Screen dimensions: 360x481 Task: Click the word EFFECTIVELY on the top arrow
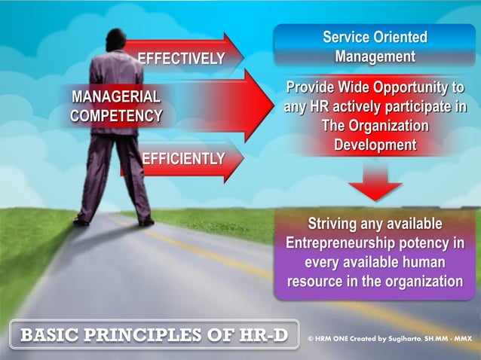[180, 59]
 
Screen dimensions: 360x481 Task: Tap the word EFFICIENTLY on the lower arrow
[183, 159]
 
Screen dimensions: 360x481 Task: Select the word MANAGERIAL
[115, 97]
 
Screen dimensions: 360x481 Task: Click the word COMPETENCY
[116, 116]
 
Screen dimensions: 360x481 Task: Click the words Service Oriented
[375, 37]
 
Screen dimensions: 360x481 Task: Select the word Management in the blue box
[375, 56]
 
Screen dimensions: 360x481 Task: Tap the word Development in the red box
[375, 145]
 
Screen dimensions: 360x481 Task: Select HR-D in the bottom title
[263, 334]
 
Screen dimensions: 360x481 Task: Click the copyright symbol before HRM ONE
[311, 340]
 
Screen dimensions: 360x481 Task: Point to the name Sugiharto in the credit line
[406, 340]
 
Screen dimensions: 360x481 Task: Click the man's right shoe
[146, 221]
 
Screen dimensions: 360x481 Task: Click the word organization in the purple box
[426, 282]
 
